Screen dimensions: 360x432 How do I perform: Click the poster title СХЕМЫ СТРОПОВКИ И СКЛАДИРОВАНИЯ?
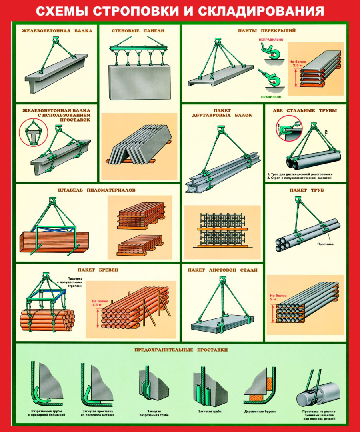pos(180,11)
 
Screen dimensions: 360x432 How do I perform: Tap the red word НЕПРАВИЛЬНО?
pos(271,40)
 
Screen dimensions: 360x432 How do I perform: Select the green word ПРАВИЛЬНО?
pos(271,97)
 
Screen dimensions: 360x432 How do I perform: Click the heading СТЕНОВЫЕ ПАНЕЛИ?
pos(138,31)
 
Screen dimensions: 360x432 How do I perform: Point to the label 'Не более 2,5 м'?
pos(298,64)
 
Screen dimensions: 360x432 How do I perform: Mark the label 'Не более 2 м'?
pos(278,298)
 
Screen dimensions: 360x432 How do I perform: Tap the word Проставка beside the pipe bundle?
pos(325,244)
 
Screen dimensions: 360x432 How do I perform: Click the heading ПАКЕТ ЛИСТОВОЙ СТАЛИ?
pos(222,270)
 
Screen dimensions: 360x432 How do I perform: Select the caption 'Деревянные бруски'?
pos(260,412)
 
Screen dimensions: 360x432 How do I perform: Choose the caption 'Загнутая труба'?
pos(210,412)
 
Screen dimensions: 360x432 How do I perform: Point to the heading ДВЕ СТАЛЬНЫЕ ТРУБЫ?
pos(305,110)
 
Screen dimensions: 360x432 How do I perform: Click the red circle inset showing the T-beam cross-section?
pos(33,132)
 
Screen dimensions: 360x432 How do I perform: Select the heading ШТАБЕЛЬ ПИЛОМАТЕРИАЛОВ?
pos(97,190)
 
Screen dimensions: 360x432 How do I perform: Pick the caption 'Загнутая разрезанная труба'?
pos(154,413)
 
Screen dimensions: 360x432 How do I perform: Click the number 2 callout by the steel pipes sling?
pos(326,132)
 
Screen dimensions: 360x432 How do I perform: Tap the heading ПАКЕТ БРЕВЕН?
pos(98,270)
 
